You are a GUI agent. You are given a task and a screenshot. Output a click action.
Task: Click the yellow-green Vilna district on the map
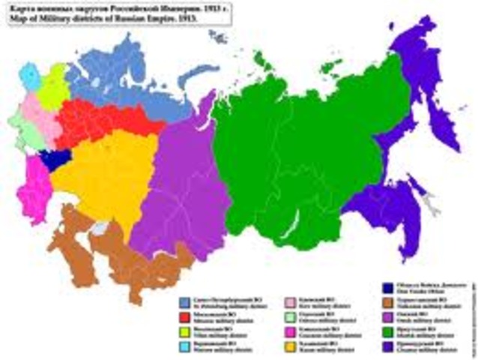point(52,90)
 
